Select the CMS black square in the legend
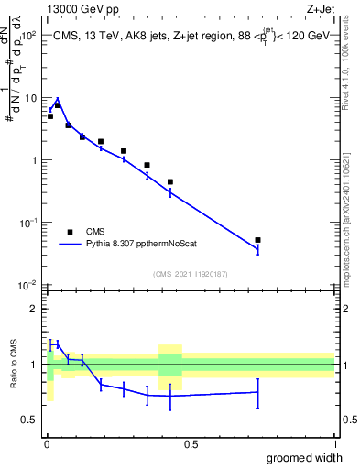(x=70, y=231)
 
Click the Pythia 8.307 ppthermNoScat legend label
(x=145, y=245)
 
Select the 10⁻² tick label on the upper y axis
(x=27, y=285)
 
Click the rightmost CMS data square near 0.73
(x=257, y=240)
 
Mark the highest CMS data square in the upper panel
(x=57, y=105)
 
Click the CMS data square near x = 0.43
(x=170, y=181)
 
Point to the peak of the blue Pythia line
(x=57, y=99)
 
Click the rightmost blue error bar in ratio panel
(x=257, y=392)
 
